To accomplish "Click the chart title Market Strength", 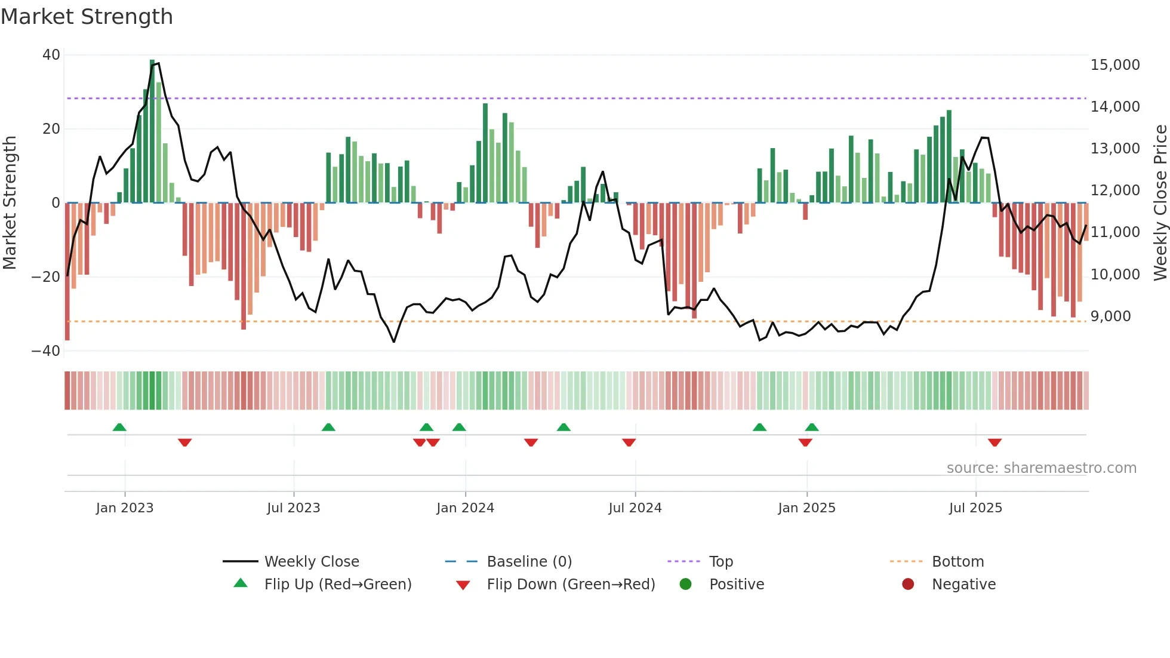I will [x=87, y=17].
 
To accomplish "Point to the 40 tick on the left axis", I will [x=51, y=55].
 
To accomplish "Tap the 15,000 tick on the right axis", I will [x=1114, y=65].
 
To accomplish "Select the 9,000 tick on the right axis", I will [x=1110, y=316].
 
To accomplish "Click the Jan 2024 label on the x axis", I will [x=465, y=508].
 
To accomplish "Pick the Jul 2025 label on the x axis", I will [x=975, y=508].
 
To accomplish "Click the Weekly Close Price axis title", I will [x=1160, y=202].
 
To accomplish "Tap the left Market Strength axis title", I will [x=10, y=202].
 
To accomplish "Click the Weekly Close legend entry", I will [x=311, y=562].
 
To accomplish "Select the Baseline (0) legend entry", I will [x=529, y=562].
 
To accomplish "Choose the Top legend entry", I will [x=721, y=562].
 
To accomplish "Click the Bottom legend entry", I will [x=957, y=562].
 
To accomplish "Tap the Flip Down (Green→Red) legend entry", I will [x=570, y=585].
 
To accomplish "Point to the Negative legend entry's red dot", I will [x=908, y=585].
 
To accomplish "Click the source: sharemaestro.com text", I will [x=1041, y=468].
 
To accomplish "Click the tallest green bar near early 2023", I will [x=152, y=131].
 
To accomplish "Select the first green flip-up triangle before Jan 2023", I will [x=119, y=427].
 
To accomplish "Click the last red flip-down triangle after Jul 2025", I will [x=995, y=442].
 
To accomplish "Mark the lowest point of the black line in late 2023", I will [x=394, y=342].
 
